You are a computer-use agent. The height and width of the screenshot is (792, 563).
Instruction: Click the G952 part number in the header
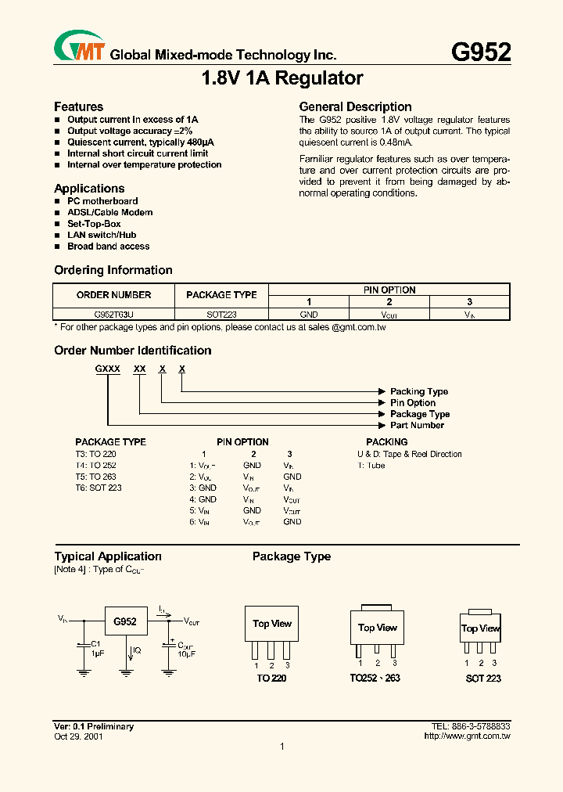(481, 52)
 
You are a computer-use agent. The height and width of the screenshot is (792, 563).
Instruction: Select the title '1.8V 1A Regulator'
(282, 79)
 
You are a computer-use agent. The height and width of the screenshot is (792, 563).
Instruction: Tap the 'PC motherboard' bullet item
(102, 201)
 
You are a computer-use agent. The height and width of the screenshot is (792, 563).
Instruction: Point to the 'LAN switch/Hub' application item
(102, 235)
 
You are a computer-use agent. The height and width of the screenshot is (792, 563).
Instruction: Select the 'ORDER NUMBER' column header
(114, 295)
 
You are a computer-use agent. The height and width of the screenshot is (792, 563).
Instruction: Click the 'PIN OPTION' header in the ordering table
(389, 290)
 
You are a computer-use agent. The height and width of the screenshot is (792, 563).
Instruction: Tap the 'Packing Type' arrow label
(419, 391)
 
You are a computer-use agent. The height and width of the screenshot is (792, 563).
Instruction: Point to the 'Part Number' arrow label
(417, 426)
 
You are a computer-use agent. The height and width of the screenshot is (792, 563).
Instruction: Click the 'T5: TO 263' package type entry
(95, 477)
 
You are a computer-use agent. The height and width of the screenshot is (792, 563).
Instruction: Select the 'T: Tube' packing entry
(371, 466)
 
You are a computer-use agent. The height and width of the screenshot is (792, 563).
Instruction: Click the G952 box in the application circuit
(125, 622)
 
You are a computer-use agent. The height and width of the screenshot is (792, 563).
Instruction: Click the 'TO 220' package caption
(271, 679)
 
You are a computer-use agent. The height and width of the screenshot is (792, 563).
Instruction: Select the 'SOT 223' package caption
(483, 679)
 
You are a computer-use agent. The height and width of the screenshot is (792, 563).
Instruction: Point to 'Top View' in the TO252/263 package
(378, 628)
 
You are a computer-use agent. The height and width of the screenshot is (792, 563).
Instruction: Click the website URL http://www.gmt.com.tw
(467, 736)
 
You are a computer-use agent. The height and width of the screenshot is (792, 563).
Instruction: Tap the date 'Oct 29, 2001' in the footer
(78, 736)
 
